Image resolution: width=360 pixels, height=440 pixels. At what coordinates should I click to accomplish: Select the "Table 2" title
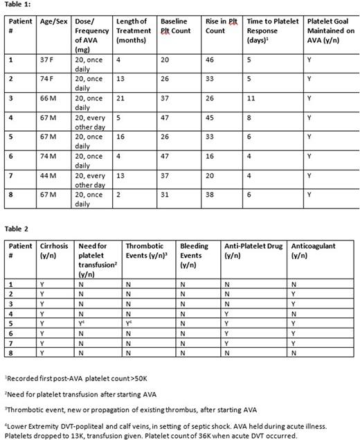(x=17, y=228)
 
